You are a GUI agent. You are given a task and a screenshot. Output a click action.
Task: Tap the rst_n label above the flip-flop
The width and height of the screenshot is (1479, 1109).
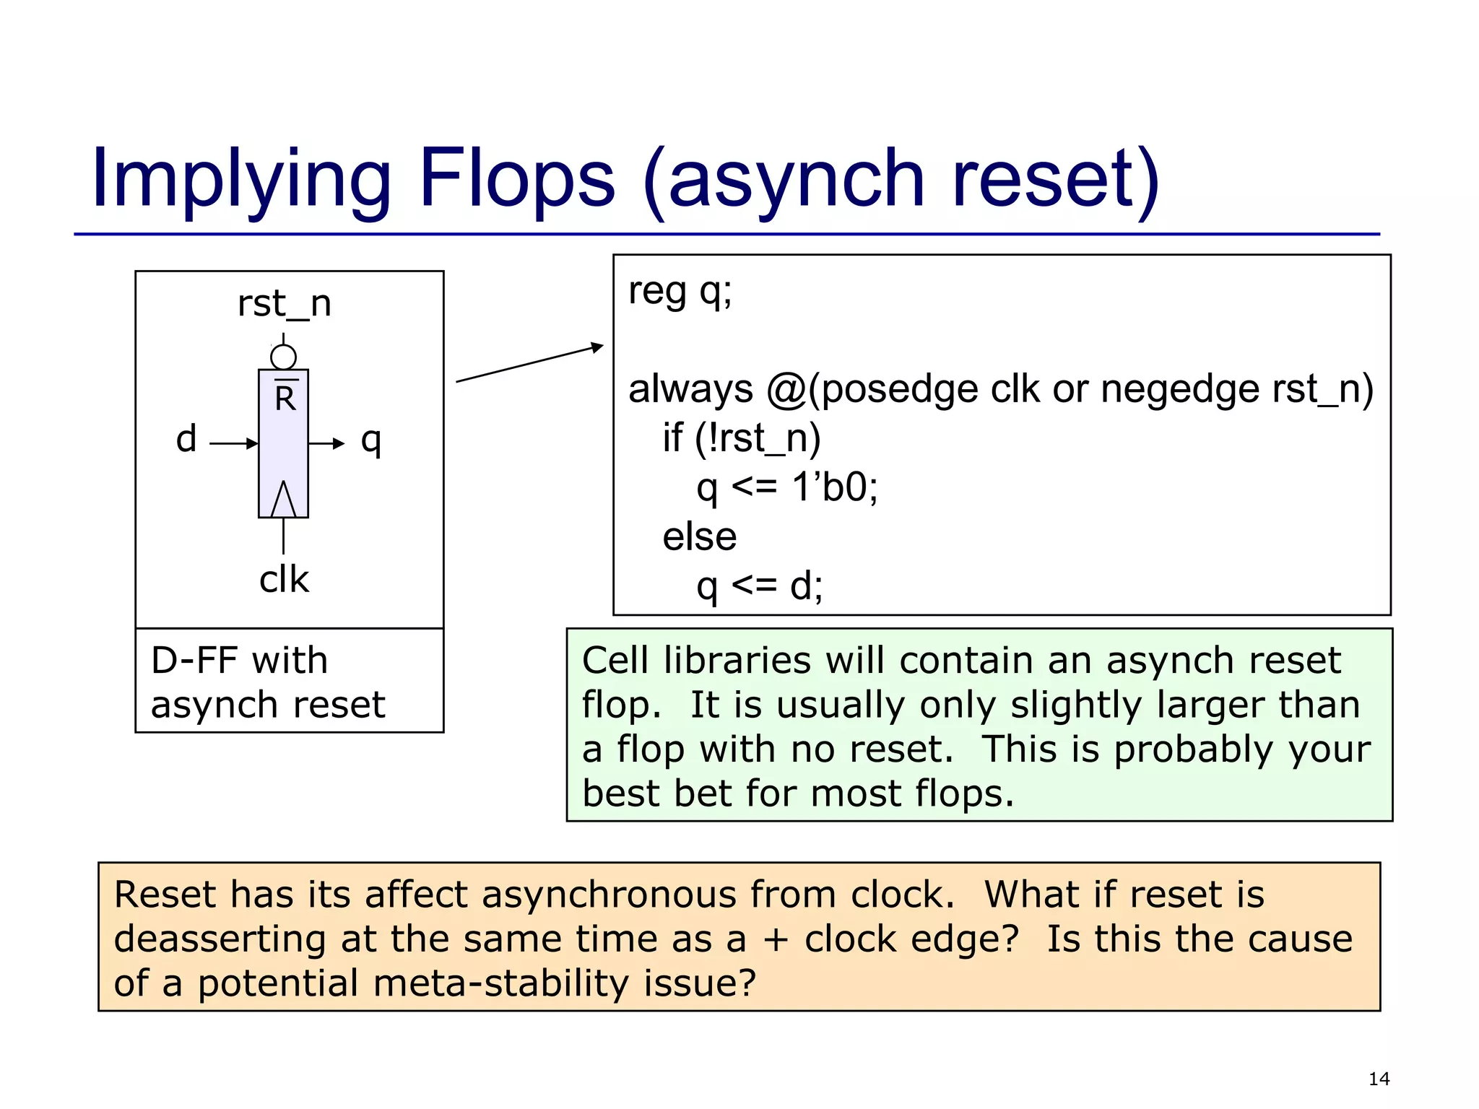pyautogui.click(x=285, y=304)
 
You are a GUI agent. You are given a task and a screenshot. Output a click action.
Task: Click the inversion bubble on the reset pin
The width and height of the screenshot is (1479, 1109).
pyautogui.click(x=283, y=357)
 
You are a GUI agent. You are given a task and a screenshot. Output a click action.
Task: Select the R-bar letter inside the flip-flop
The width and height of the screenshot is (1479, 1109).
pyautogui.click(x=285, y=397)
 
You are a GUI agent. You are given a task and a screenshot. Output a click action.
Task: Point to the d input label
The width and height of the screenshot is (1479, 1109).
pyautogui.click(x=186, y=439)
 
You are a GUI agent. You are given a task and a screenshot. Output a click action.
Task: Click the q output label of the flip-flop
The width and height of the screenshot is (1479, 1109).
pyautogui.click(x=370, y=440)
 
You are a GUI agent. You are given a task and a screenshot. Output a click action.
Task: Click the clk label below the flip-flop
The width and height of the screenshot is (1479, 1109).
pyautogui.click(x=284, y=579)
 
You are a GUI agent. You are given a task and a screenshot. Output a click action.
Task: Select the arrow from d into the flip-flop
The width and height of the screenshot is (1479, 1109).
pyautogui.click(x=233, y=443)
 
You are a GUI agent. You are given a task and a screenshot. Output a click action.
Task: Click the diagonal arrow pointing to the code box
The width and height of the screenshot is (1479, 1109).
pyautogui.click(x=529, y=363)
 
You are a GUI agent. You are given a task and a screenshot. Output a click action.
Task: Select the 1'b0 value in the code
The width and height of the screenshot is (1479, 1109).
pyautogui.click(x=834, y=487)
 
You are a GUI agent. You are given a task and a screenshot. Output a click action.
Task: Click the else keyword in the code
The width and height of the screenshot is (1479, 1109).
pyautogui.click(x=699, y=537)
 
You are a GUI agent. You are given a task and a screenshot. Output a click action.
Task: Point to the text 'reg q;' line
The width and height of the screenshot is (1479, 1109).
pyautogui.click(x=680, y=292)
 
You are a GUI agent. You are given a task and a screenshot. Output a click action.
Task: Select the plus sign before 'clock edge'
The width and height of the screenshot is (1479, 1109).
pyautogui.click(x=776, y=939)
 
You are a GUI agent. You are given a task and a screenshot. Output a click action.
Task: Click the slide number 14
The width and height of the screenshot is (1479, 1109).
pyautogui.click(x=1378, y=1079)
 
